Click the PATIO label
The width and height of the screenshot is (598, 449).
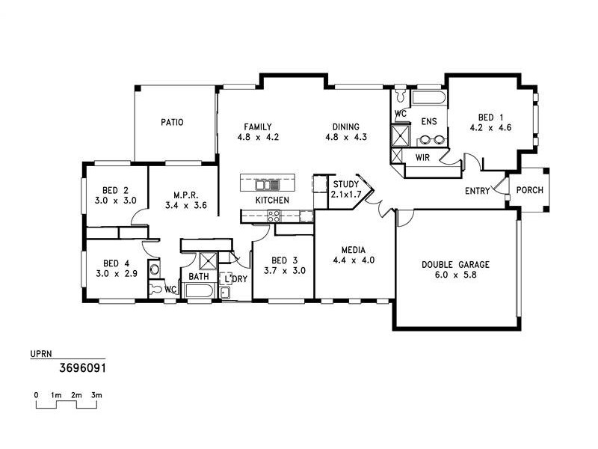click(x=172, y=122)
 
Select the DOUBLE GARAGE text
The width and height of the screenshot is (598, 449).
click(x=455, y=264)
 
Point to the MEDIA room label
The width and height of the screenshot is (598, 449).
click(x=353, y=250)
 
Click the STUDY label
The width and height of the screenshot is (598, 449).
click(x=346, y=184)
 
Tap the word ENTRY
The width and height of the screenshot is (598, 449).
click(x=477, y=192)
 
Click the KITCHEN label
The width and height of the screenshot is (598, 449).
click(x=272, y=201)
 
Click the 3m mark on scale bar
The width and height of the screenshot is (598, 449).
click(x=96, y=394)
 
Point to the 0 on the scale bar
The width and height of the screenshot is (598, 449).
click(x=36, y=394)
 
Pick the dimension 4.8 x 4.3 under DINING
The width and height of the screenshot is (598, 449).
click(x=346, y=137)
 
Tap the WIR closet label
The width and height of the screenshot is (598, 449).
click(x=422, y=157)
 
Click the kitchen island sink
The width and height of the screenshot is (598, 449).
click(x=267, y=183)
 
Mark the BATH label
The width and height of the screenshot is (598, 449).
click(x=198, y=277)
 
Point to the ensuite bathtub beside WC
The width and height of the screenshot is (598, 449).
click(x=429, y=98)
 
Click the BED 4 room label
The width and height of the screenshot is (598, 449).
click(x=111, y=263)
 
